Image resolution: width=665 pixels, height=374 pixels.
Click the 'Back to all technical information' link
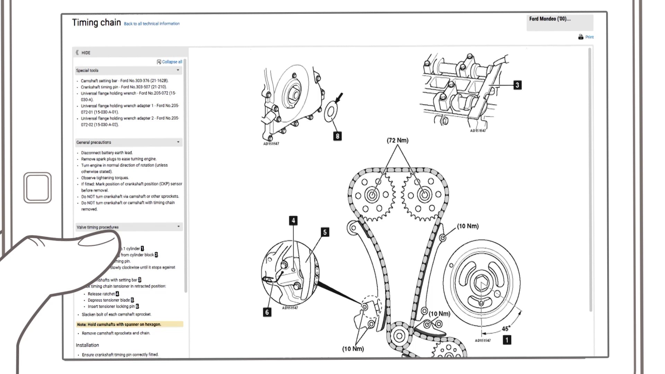click(152, 24)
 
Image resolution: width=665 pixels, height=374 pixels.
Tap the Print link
click(589, 37)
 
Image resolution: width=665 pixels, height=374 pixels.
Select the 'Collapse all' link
click(172, 62)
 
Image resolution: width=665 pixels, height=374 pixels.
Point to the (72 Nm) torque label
click(398, 140)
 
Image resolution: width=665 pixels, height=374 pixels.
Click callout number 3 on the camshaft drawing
click(517, 85)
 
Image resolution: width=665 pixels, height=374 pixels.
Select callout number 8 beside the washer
click(337, 136)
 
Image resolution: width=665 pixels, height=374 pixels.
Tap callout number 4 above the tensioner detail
click(293, 221)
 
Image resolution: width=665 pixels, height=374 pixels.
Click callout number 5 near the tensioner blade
click(325, 232)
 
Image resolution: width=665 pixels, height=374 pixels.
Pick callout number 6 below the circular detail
click(267, 312)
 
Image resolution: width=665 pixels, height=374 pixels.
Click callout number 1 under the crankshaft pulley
click(507, 340)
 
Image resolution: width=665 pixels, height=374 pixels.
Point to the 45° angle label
click(506, 329)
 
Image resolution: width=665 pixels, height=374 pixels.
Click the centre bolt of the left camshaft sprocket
click(372, 195)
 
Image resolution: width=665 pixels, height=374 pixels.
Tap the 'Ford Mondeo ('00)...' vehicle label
click(550, 19)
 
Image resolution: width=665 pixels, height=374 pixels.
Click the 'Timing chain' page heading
click(96, 23)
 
